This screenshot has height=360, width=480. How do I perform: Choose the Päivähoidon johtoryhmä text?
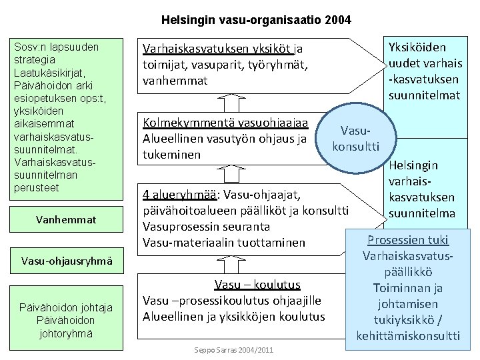point(67,320)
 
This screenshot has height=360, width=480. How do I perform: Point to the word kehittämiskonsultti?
point(408,335)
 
